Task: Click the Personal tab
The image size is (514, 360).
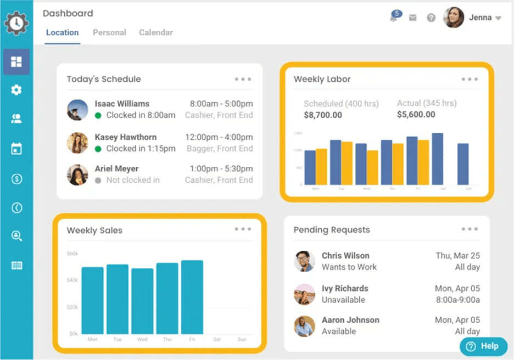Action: point(109,32)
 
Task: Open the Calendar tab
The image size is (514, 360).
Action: point(156,32)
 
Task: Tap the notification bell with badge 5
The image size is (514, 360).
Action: point(394,17)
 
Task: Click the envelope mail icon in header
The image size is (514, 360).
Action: point(412,18)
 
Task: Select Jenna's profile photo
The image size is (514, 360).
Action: point(453,18)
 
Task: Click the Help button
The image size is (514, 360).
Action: point(483,346)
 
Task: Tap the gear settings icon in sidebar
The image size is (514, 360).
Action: point(16,90)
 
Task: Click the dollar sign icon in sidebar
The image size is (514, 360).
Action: point(16,178)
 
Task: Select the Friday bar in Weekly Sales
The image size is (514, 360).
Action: point(192,296)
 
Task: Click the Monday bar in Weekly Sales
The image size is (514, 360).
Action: point(92,300)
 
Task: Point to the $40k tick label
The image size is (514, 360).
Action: point(72,280)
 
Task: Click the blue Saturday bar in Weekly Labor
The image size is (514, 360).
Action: point(438,159)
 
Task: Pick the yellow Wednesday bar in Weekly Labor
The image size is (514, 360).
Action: point(372,167)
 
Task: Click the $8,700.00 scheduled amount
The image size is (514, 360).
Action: point(323,115)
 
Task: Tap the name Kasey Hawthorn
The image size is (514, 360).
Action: point(126,137)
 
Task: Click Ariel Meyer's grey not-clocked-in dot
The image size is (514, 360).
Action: point(98,180)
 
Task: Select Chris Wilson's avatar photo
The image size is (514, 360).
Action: point(304,261)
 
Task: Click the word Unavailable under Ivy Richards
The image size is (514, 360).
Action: point(343,300)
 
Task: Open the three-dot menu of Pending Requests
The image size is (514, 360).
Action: point(470,229)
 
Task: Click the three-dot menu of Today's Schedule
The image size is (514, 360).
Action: point(243,79)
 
